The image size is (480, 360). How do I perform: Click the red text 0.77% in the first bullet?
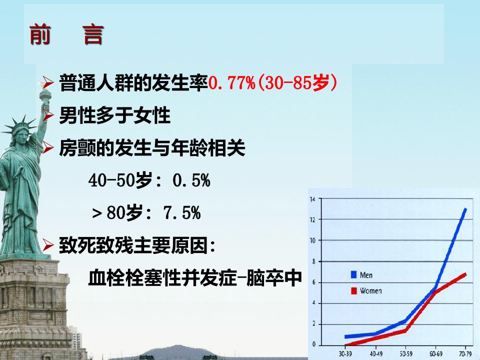(x=231, y=82)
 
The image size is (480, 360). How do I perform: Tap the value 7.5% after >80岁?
(x=182, y=213)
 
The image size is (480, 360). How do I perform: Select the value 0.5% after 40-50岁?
(x=191, y=180)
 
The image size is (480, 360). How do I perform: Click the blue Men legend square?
(x=353, y=274)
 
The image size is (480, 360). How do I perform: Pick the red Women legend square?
(x=353, y=290)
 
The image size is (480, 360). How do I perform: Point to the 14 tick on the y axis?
(x=312, y=199)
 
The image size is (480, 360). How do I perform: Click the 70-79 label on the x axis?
(x=465, y=353)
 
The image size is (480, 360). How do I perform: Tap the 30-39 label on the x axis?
(x=345, y=353)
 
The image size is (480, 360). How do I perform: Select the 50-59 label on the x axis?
(x=406, y=353)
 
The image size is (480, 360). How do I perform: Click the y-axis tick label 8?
(x=313, y=261)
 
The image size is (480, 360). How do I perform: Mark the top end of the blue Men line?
(x=465, y=209)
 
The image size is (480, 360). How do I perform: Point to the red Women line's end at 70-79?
(x=465, y=274)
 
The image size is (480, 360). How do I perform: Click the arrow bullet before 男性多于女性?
(x=48, y=115)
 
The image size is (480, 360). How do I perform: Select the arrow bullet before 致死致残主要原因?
(x=48, y=245)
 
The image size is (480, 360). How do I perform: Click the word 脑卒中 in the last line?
(x=274, y=277)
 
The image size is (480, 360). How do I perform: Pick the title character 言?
(x=93, y=35)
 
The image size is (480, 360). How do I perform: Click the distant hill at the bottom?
(x=177, y=352)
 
